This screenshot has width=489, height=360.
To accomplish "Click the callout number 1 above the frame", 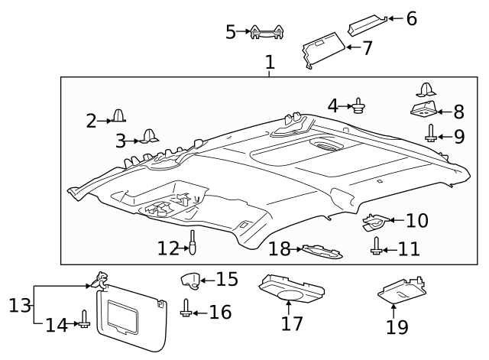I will click(x=270, y=64).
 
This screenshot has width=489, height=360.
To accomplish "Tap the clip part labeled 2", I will click(x=118, y=116).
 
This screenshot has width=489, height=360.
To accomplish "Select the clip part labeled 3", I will click(x=148, y=138).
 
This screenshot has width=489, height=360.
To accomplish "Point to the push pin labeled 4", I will click(x=358, y=105).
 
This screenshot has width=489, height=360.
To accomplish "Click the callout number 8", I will click(x=458, y=112).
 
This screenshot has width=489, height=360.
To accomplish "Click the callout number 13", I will click(x=18, y=306).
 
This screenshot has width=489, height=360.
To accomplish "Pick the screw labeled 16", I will click(x=186, y=310).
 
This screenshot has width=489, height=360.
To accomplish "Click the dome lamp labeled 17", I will click(x=290, y=290).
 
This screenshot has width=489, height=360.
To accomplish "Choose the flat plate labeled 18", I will click(x=320, y=251).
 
